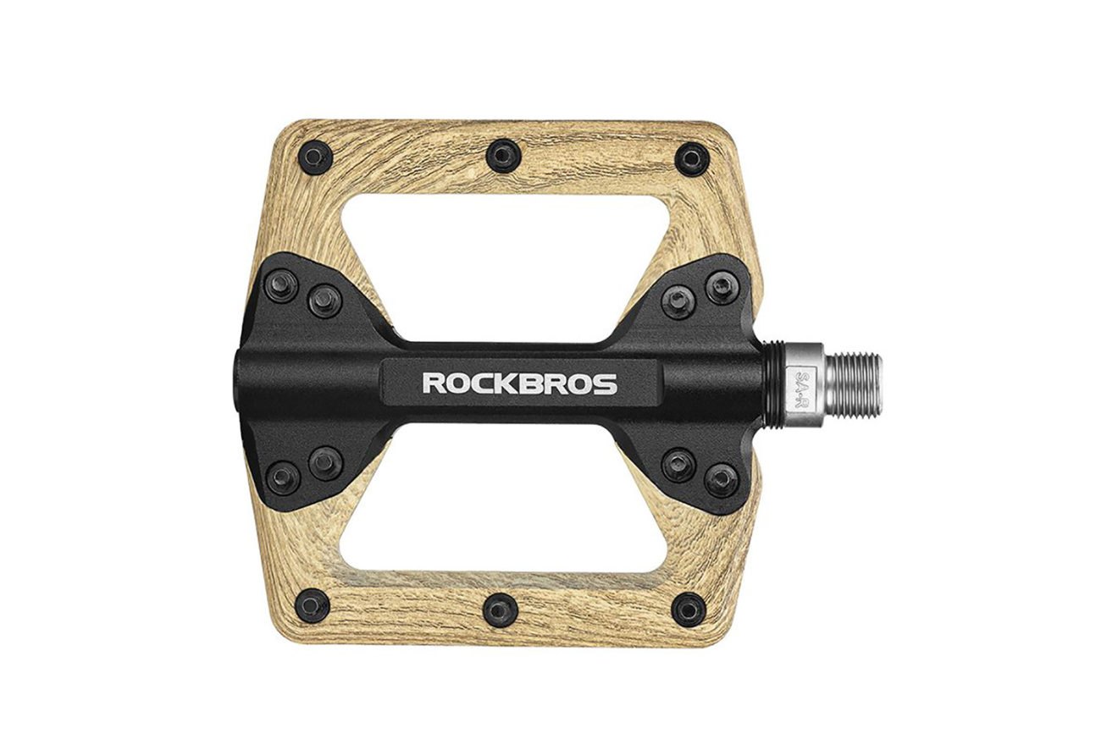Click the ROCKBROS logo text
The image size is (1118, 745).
519,384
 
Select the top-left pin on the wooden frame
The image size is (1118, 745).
315,157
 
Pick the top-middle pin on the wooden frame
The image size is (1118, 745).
504,156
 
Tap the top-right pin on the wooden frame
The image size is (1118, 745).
692,159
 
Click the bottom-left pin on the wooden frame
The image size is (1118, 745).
313,606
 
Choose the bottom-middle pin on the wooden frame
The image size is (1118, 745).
500,610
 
